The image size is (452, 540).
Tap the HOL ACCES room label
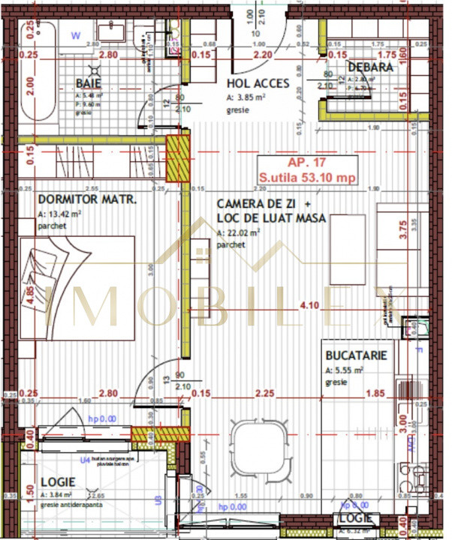pyautogui.click(x=258, y=83)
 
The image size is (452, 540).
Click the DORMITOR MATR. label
pyautogui.click(x=86, y=201)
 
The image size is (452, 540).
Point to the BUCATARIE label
pyautogui.click(x=356, y=355)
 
